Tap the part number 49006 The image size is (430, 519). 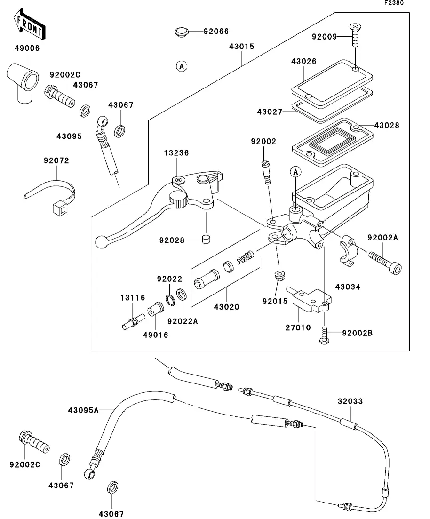pyautogui.click(x=26, y=48)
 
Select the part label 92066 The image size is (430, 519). pyautogui.click(x=216, y=32)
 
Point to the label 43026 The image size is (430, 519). pyautogui.click(x=303, y=62)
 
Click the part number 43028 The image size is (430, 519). pyautogui.click(x=387, y=126)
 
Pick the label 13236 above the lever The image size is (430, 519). pyautogui.click(x=177, y=153)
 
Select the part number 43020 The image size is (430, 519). pyautogui.click(x=227, y=307)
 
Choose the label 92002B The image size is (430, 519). pyautogui.click(x=357, y=334)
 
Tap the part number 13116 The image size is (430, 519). pyautogui.click(x=132, y=298)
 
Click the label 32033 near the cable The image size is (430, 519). pyautogui.click(x=350, y=402)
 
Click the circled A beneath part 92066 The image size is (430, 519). pyautogui.click(x=182, y=67)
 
